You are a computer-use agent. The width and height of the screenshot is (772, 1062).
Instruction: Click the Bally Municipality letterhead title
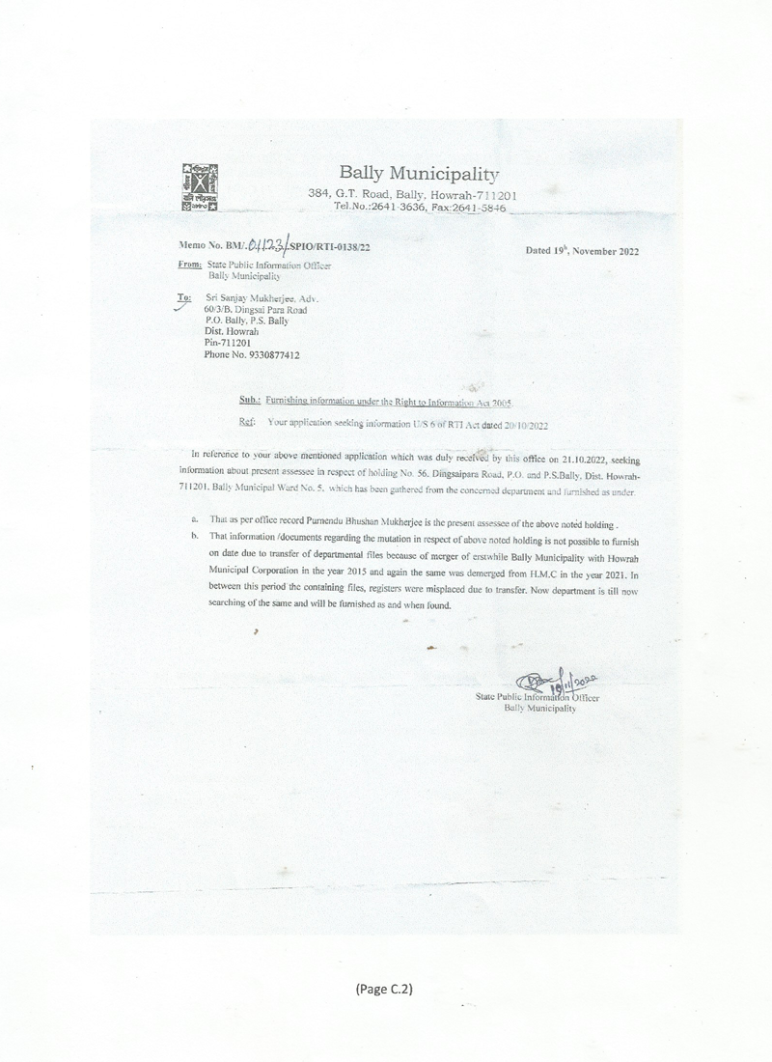tap(419, 174)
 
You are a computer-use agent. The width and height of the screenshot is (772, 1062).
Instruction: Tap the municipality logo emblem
tap(200, 188)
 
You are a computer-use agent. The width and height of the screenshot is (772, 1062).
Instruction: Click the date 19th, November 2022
tap(582, 251)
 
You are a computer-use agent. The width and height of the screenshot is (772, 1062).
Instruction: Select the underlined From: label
tap(190, 264)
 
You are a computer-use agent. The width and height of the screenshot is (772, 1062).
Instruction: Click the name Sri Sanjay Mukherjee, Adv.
tap(262, 299)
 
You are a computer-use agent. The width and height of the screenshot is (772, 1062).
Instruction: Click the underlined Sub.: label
tap(249, 399)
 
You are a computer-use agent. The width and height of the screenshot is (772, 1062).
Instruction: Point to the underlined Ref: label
tap(247, 423)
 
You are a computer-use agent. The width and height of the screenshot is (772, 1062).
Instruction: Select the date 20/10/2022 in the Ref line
tap(519, 423)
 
